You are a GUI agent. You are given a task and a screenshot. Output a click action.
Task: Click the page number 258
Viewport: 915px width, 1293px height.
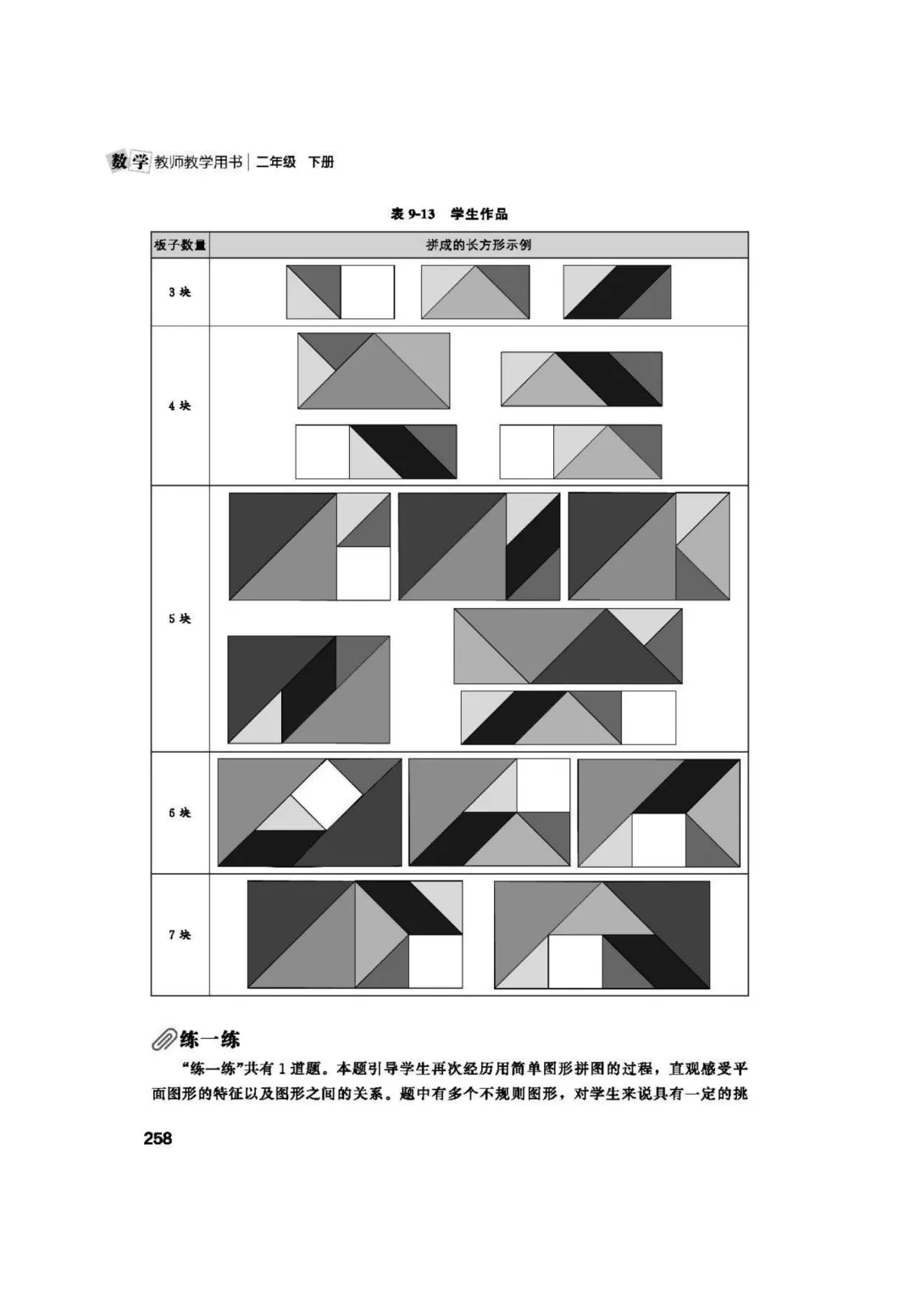[x=158, y=1138]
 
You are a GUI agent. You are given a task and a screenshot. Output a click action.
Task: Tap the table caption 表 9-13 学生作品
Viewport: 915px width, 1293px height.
[x=449, y=213]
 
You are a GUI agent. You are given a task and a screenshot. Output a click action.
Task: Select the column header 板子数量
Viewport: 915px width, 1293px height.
[x=180, y=246]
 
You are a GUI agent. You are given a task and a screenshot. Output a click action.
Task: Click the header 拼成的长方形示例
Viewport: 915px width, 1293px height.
[x=479, y=246]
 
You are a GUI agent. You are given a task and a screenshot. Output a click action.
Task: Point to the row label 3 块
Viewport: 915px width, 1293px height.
[x=180, y=292]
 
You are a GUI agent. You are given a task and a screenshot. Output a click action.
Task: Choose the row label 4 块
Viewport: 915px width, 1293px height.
[x=180, y=406]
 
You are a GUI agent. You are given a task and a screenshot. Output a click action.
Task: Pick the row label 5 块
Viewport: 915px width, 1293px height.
[x=180, y=618]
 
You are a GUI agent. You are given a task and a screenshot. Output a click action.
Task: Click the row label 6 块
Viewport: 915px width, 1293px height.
[x=180, y=813]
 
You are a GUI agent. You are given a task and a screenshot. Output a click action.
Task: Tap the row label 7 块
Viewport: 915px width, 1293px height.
[x=180, y=935]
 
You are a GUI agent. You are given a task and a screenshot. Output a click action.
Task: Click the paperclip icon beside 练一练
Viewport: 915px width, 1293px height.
[x=164, y=1040]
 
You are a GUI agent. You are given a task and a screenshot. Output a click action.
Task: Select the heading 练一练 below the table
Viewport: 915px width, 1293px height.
[x=209, y=1040]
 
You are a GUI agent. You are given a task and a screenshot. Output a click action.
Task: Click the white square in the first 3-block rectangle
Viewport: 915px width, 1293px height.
[x=368, y=292]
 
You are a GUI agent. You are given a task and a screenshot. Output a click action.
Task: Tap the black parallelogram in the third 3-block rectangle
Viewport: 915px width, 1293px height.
[x=617, y=292]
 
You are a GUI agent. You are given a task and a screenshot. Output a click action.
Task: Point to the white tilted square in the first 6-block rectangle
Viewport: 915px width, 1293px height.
[x=327, y=794]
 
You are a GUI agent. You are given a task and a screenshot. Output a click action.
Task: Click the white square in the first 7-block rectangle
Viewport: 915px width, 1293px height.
[x=435, y=961]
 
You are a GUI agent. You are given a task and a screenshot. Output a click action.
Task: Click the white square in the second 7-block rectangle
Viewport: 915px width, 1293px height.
[x=575, y=961]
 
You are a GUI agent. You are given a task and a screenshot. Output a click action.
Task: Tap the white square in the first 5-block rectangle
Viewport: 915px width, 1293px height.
[x=363, y=573]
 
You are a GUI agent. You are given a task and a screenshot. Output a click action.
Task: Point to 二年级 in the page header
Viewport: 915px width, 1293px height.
[x=276, y=162]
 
